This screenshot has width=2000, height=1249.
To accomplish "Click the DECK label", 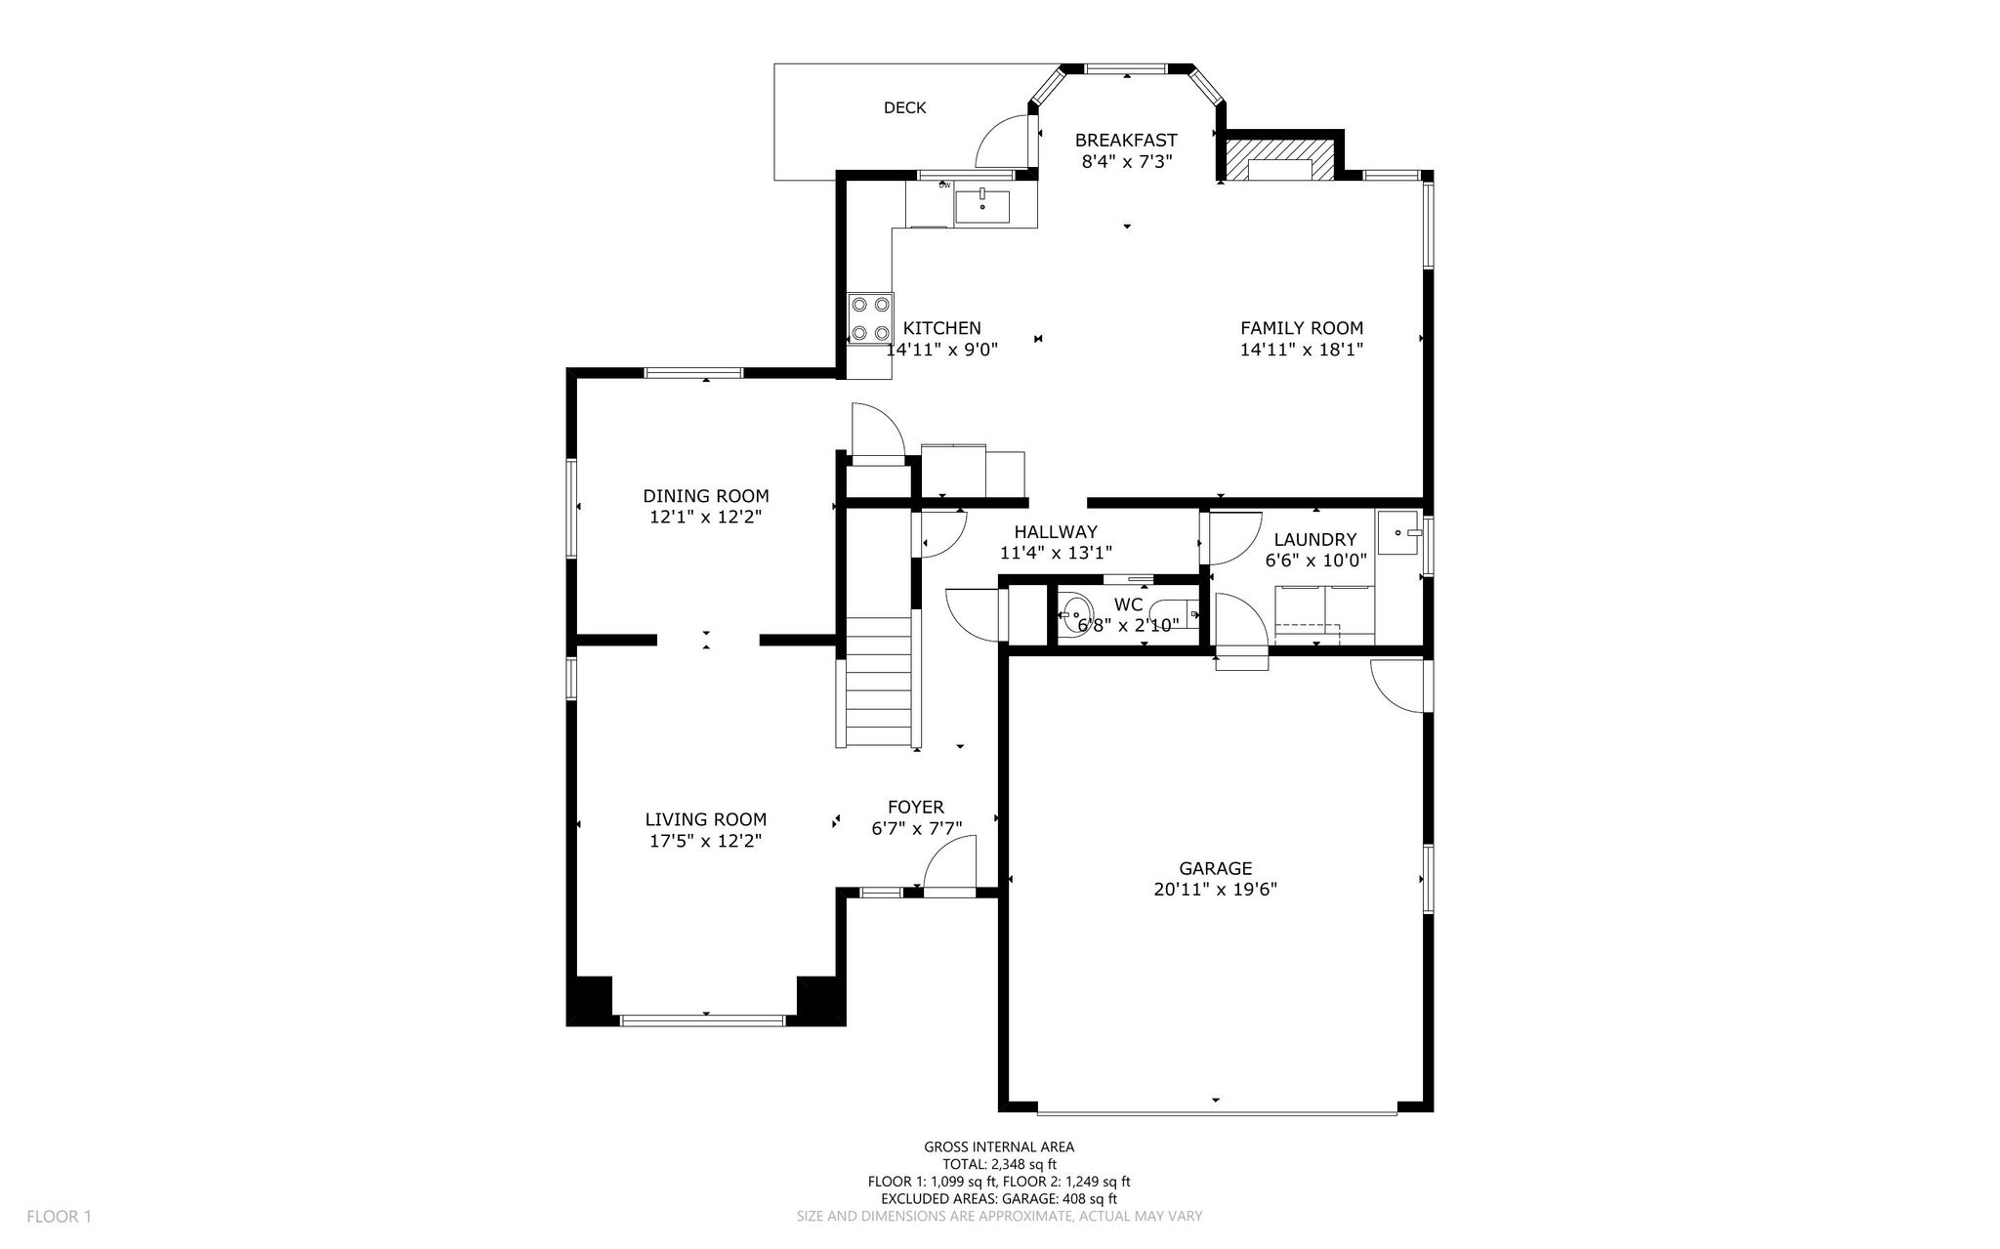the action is coord(904,107).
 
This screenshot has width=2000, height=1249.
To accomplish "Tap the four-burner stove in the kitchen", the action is coord(870,319).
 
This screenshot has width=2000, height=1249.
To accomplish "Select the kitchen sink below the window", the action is coord(981,207).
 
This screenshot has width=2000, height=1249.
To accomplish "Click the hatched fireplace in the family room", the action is coord(1279,160).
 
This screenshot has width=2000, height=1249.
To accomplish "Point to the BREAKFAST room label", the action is coord(1126,141).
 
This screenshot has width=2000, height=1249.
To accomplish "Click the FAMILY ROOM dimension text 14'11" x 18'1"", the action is coord(1301,350).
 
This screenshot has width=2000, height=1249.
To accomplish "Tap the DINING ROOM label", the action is coord(705,496).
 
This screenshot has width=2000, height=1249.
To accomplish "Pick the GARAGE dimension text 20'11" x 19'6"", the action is coord(1215,890).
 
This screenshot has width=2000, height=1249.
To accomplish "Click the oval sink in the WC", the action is coord(1074,615).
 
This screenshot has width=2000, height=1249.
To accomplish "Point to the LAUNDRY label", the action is coord(1314,540).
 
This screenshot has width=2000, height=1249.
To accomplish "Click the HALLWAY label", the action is coord(1055,532).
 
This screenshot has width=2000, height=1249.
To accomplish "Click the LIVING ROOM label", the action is coord(705,820).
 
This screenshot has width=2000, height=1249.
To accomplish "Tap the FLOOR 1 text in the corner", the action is coord(59,1217).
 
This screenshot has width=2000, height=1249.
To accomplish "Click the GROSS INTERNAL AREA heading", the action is coord(999,1147).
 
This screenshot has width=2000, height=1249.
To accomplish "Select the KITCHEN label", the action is coord(941,328).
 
